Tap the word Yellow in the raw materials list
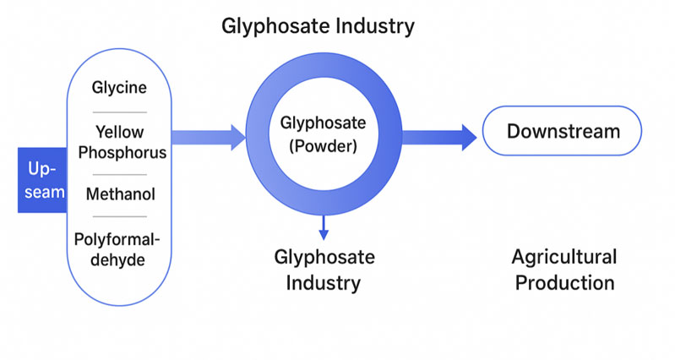tap(118, 132)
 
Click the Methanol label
tap(120, 195)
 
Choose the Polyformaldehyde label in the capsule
tap(119, 249)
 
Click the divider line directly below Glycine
tap(119, 112)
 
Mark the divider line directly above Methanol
tap(119, 174)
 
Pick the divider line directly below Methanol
tap(119, 216)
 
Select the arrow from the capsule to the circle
tap(208, 135)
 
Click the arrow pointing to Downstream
tap(439, 134)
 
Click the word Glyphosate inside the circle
tap(323, 123)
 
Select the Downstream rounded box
tap(562, 131)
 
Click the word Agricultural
tap(563, 257)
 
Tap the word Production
tap(563, 282)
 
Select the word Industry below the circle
tap(324, 282)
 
